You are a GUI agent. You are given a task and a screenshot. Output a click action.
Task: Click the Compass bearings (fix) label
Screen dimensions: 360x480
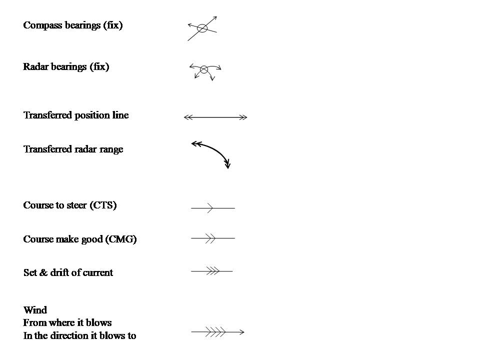click(73, 25)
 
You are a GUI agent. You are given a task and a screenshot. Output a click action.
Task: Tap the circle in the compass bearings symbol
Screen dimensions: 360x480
click(202, 28)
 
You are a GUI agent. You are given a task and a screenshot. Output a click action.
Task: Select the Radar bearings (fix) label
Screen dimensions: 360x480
click(66, 66)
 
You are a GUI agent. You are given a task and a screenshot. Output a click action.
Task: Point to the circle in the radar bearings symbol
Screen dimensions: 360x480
click(203, 69)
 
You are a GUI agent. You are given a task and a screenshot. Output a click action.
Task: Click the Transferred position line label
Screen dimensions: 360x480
click(76, 115)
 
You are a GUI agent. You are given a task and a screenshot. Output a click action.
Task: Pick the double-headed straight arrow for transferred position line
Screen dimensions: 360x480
click(215, 117)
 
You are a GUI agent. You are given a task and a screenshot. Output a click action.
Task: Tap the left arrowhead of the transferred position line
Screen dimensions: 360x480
click(187, 117)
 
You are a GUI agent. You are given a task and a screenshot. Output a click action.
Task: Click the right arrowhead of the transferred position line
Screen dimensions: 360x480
click(244, 117)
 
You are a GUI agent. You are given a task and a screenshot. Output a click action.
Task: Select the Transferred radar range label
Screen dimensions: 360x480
click(73, 149)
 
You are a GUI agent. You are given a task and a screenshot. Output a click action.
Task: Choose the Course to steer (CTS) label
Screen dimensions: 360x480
click(70, 205)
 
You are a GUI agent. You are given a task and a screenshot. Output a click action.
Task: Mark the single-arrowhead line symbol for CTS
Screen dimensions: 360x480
click(212, 207)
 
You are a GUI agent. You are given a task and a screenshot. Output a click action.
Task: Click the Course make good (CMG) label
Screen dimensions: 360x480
click(80, 239)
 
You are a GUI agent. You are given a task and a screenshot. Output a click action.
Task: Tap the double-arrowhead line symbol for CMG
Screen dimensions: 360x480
click(212, 238)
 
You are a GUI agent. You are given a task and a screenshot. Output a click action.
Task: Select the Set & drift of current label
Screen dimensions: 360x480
click(68, 272)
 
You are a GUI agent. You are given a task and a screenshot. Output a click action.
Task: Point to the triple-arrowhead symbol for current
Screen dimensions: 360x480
click(212, 271)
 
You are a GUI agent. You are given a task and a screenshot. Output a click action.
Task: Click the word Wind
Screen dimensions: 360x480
click(35, 310)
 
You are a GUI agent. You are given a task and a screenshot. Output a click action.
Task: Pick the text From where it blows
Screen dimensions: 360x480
click(67, 323)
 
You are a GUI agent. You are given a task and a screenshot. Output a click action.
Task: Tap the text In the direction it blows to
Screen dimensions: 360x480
click(79, 335)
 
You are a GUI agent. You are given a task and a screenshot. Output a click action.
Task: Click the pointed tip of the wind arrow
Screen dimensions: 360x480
click(243, 331)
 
